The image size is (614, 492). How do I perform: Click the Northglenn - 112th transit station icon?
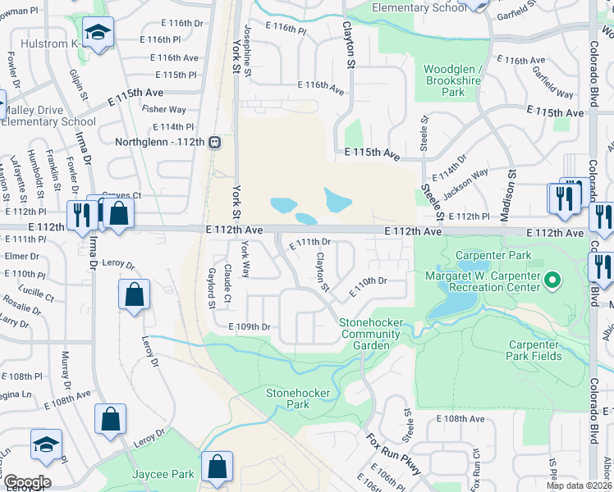(215, 142)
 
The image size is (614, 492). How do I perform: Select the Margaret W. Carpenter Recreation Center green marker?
(552, 281)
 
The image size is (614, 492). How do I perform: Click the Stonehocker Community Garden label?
(372, 334)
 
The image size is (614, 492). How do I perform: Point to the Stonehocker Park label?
(288, 399)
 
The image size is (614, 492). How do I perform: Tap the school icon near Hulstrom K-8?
(99, 33)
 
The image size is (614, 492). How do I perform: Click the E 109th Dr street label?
(249, 326)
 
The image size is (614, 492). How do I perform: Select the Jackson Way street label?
(465, 184)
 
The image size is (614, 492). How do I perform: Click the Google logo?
(26, 482)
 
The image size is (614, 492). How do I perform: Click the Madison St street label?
(511, 189)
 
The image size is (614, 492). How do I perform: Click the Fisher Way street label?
(163, 109)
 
